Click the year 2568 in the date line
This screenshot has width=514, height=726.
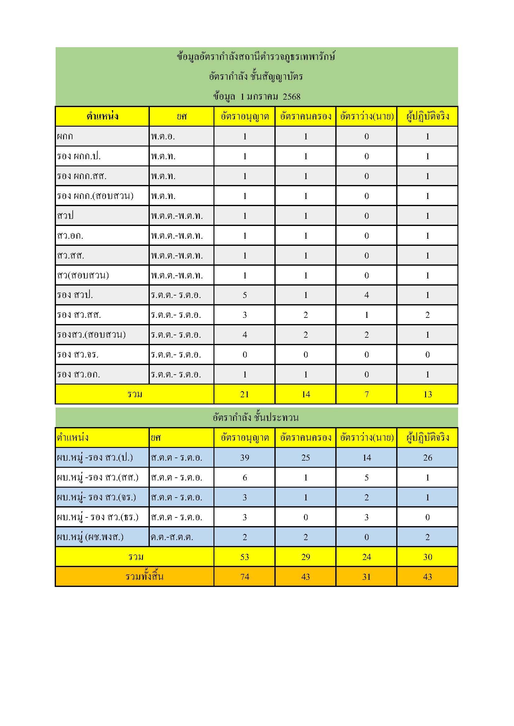click(291, 97)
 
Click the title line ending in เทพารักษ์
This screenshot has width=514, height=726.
click(256, 56)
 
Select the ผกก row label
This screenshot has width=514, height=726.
click(65, 136)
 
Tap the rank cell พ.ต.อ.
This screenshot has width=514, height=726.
click(163, 136)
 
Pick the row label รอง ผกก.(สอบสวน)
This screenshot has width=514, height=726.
click(95, 196)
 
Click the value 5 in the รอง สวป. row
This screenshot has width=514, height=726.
click(245, 295)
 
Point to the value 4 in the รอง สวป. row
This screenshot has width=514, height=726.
click(366, 295)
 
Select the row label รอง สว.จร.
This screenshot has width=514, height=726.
click(78, 354)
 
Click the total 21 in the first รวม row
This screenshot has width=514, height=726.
click(245, 394)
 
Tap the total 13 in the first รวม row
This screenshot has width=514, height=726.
click(428, 394)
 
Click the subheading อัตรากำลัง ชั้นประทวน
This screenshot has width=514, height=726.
click(256, 418)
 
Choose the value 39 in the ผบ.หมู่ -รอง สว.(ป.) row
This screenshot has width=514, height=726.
click(245, 458)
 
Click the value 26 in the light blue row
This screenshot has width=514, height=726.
click(428, 458)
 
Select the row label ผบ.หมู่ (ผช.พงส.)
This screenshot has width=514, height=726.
click(90, 537)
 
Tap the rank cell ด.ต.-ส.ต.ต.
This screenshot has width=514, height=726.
click(172, 537)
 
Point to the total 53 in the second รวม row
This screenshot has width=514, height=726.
click(245, 557)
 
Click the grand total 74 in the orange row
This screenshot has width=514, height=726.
click(245, 577)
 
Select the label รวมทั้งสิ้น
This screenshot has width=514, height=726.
click(144, 577)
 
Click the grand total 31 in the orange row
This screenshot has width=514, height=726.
click(366, 577)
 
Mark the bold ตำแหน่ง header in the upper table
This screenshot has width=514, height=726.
click(102, 116)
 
